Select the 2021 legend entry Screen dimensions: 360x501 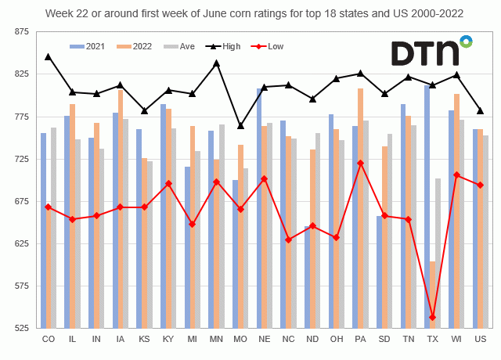click(92, 46)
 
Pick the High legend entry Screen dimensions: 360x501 click(222, 46)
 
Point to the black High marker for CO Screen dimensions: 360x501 click(49, 57)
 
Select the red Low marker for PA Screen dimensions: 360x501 click(360, 163)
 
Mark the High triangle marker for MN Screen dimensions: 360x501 click(216, 63)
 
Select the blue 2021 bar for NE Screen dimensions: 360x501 click(259, 208)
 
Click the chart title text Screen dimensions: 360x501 click(250, 13)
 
